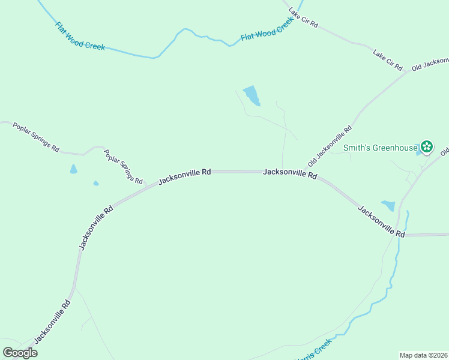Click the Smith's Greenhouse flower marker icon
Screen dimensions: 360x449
[x=427, y=146]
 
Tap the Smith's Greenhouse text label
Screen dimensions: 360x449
[x=380, y=148]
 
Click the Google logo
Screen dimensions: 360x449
[x=20, y=353]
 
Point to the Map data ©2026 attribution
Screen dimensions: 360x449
[x=423, y=355]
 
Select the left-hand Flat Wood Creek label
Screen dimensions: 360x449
[x=80, y=36]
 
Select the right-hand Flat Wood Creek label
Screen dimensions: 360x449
[x=267, y=29]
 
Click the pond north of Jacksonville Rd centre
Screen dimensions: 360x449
[x=252, y=95]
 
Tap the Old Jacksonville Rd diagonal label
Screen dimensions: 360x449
[x=330, y=146]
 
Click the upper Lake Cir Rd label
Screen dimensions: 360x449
[x=303, y=19]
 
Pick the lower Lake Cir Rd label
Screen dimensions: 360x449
[x=387, y=58]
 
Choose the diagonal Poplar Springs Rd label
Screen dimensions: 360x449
[x=123, y=167]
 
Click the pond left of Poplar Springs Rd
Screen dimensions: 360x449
[x=74, y=169]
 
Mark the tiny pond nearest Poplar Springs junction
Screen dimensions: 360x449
[x=96, y=183]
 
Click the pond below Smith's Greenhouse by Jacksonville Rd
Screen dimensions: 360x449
[x=388, y=205]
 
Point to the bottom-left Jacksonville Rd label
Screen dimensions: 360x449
[x=53, y=321]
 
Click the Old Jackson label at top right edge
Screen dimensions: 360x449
[x=430, y=64]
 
